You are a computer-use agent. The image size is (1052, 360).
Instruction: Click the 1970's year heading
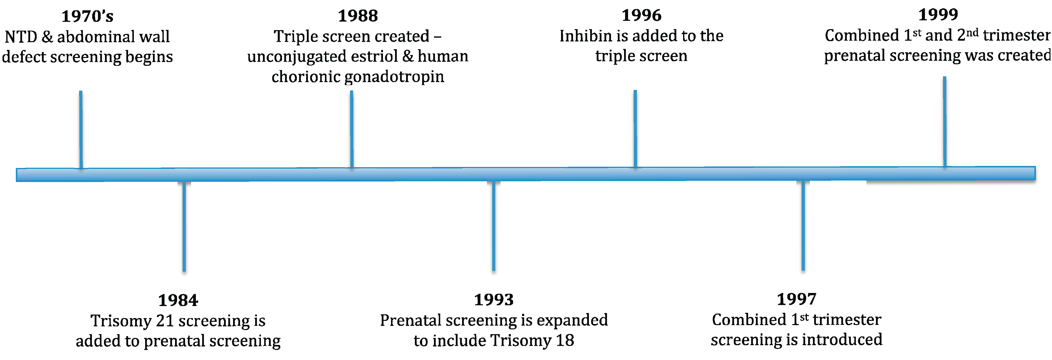coord(87,16)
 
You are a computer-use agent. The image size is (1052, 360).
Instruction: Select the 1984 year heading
coord(178,301)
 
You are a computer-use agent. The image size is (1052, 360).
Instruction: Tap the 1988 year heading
coord(358,16)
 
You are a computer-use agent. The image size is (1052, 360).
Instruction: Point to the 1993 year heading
coord(494,300)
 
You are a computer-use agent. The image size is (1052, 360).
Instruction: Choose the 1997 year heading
coord(796,299)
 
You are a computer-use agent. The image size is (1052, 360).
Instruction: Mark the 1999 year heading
coord(938,15)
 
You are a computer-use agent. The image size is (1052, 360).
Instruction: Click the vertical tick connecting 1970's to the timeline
coord(81,129)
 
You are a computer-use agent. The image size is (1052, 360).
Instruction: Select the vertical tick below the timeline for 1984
coord(184,226)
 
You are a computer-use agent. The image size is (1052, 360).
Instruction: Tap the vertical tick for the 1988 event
coord(352,129)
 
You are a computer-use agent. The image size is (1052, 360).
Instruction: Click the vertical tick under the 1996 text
coord(635,129)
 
